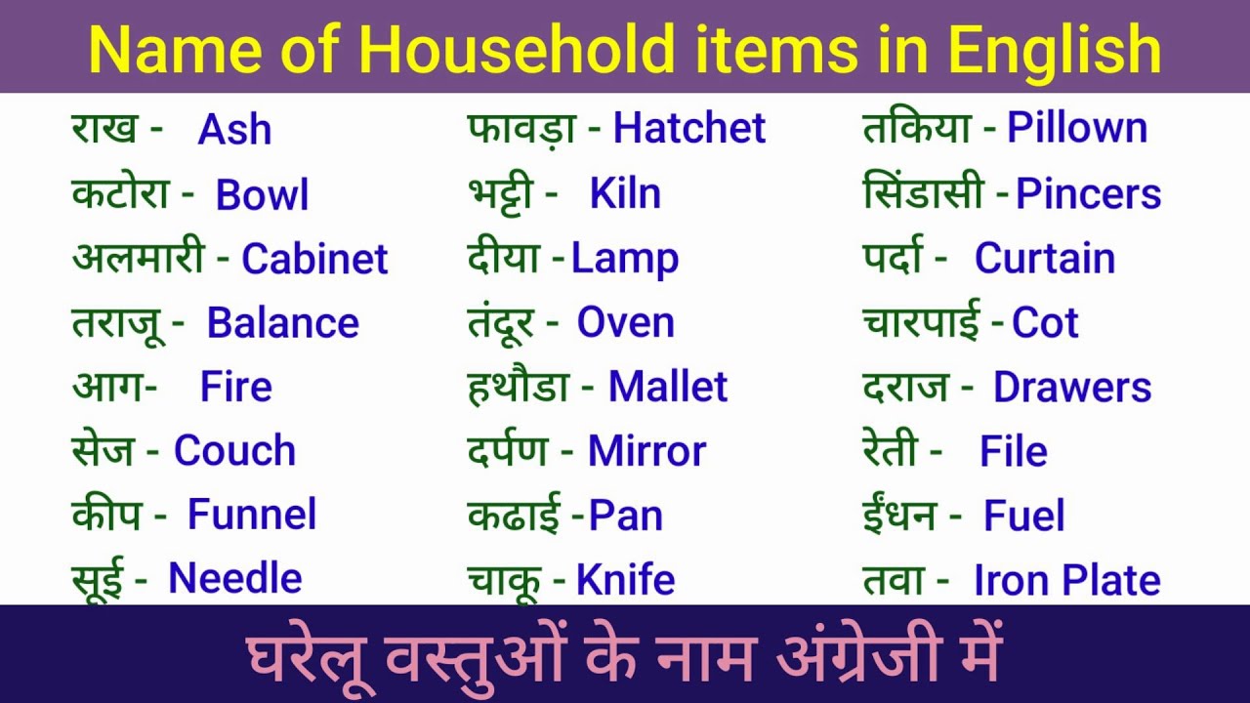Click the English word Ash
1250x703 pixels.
(x=234, y=130)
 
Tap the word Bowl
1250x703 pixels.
(x=262, y=194)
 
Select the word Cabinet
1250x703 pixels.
(x=314, y=259)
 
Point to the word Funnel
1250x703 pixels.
(x=252, y=515)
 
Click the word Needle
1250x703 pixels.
(x=235, y=578)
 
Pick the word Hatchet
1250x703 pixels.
(x=689, y=129)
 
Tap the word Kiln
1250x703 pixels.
(x=625, y=193)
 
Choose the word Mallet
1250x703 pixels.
(x=668, y=387)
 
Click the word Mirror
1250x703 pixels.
(x=646, y=451)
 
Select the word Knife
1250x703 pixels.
(x=625, y=580)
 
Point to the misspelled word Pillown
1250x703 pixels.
(x=1077, y=128)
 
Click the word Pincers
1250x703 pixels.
(x=1088, y=193)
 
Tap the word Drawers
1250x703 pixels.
(x=1072, y=387)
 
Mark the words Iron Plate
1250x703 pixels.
(x=1066, y=580)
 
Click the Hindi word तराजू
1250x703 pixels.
(x=122, y=323)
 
